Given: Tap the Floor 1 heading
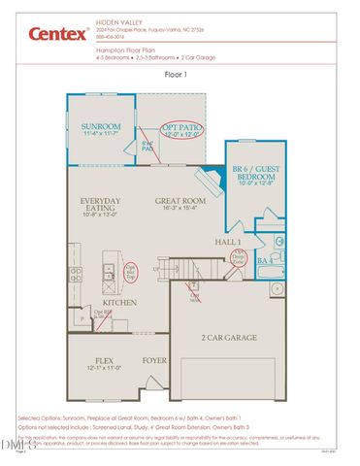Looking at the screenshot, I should point(180,73).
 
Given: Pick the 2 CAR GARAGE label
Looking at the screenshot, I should point(228,338).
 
